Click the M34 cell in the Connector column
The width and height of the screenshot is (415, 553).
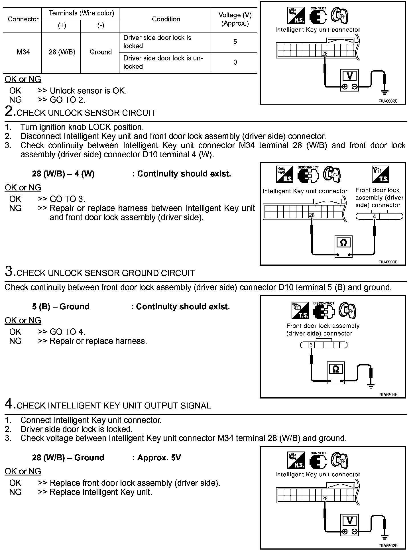click(23, 52)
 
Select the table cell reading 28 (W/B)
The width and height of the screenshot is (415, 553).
click(62, 52)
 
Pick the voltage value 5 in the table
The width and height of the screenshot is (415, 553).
click(235, 42)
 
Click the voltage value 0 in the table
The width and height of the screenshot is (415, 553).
click(235, 62)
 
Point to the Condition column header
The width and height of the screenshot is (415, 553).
click(166, 19)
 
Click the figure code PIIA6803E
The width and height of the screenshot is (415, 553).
click(388, 262)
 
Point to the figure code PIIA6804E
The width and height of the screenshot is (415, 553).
click(388, 395)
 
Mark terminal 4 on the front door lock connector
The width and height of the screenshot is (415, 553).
click(375, 217)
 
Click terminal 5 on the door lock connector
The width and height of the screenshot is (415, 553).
click(311, 345)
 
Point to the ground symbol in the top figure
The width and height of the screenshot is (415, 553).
click(385, 92)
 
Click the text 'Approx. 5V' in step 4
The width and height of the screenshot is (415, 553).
click(159, 458)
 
